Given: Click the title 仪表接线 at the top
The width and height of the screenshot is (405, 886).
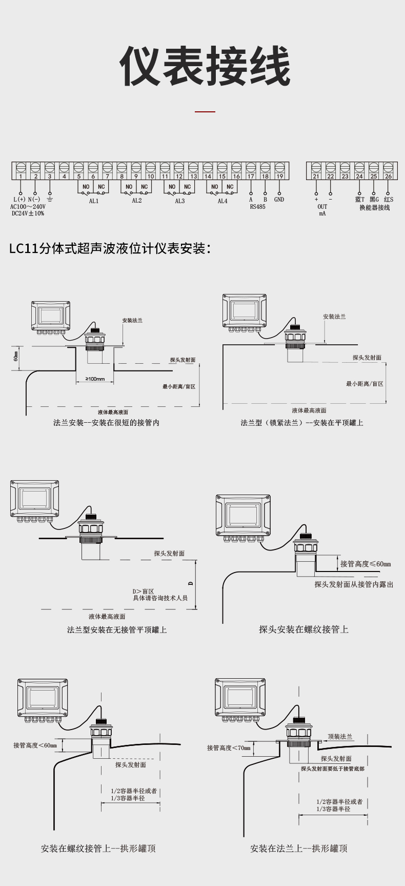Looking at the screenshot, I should pos(205,67).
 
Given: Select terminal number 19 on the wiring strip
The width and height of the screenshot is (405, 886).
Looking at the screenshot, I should pos(279,176).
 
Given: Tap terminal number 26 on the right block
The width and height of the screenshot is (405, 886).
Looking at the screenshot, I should pos(388,176).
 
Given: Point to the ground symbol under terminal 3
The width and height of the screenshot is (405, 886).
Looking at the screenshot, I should pos(50,199).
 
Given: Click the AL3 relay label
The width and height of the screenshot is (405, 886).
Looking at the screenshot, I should pos(179,201).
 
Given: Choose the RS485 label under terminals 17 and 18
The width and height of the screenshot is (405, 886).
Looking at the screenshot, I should pos(257,207).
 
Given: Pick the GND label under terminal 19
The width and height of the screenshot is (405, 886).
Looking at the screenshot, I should pos(279,199).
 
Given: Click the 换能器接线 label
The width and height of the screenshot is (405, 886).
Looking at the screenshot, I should pos(374,208).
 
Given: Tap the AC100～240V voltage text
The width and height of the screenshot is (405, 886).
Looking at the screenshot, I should pos(28,206).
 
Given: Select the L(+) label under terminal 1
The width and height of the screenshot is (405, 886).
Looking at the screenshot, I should pos(19,199).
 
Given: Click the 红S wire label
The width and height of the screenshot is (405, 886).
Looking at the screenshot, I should pos(388,199).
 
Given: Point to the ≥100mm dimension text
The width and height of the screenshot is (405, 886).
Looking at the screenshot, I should pos(95,379).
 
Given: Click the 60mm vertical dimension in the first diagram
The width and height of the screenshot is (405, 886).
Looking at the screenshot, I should pos(16,356).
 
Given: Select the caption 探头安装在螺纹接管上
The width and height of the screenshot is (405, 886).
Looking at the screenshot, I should pos(303,629).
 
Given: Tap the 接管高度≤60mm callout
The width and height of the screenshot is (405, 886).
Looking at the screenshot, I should pos(366,564).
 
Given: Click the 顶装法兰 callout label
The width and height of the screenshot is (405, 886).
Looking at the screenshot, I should pos(340,736).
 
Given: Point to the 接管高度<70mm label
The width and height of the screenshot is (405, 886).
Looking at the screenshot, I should pos(229,748).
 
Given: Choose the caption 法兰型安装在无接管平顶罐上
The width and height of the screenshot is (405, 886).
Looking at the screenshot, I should pos(117,629).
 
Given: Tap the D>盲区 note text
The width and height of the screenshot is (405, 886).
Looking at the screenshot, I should pos(144,591).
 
